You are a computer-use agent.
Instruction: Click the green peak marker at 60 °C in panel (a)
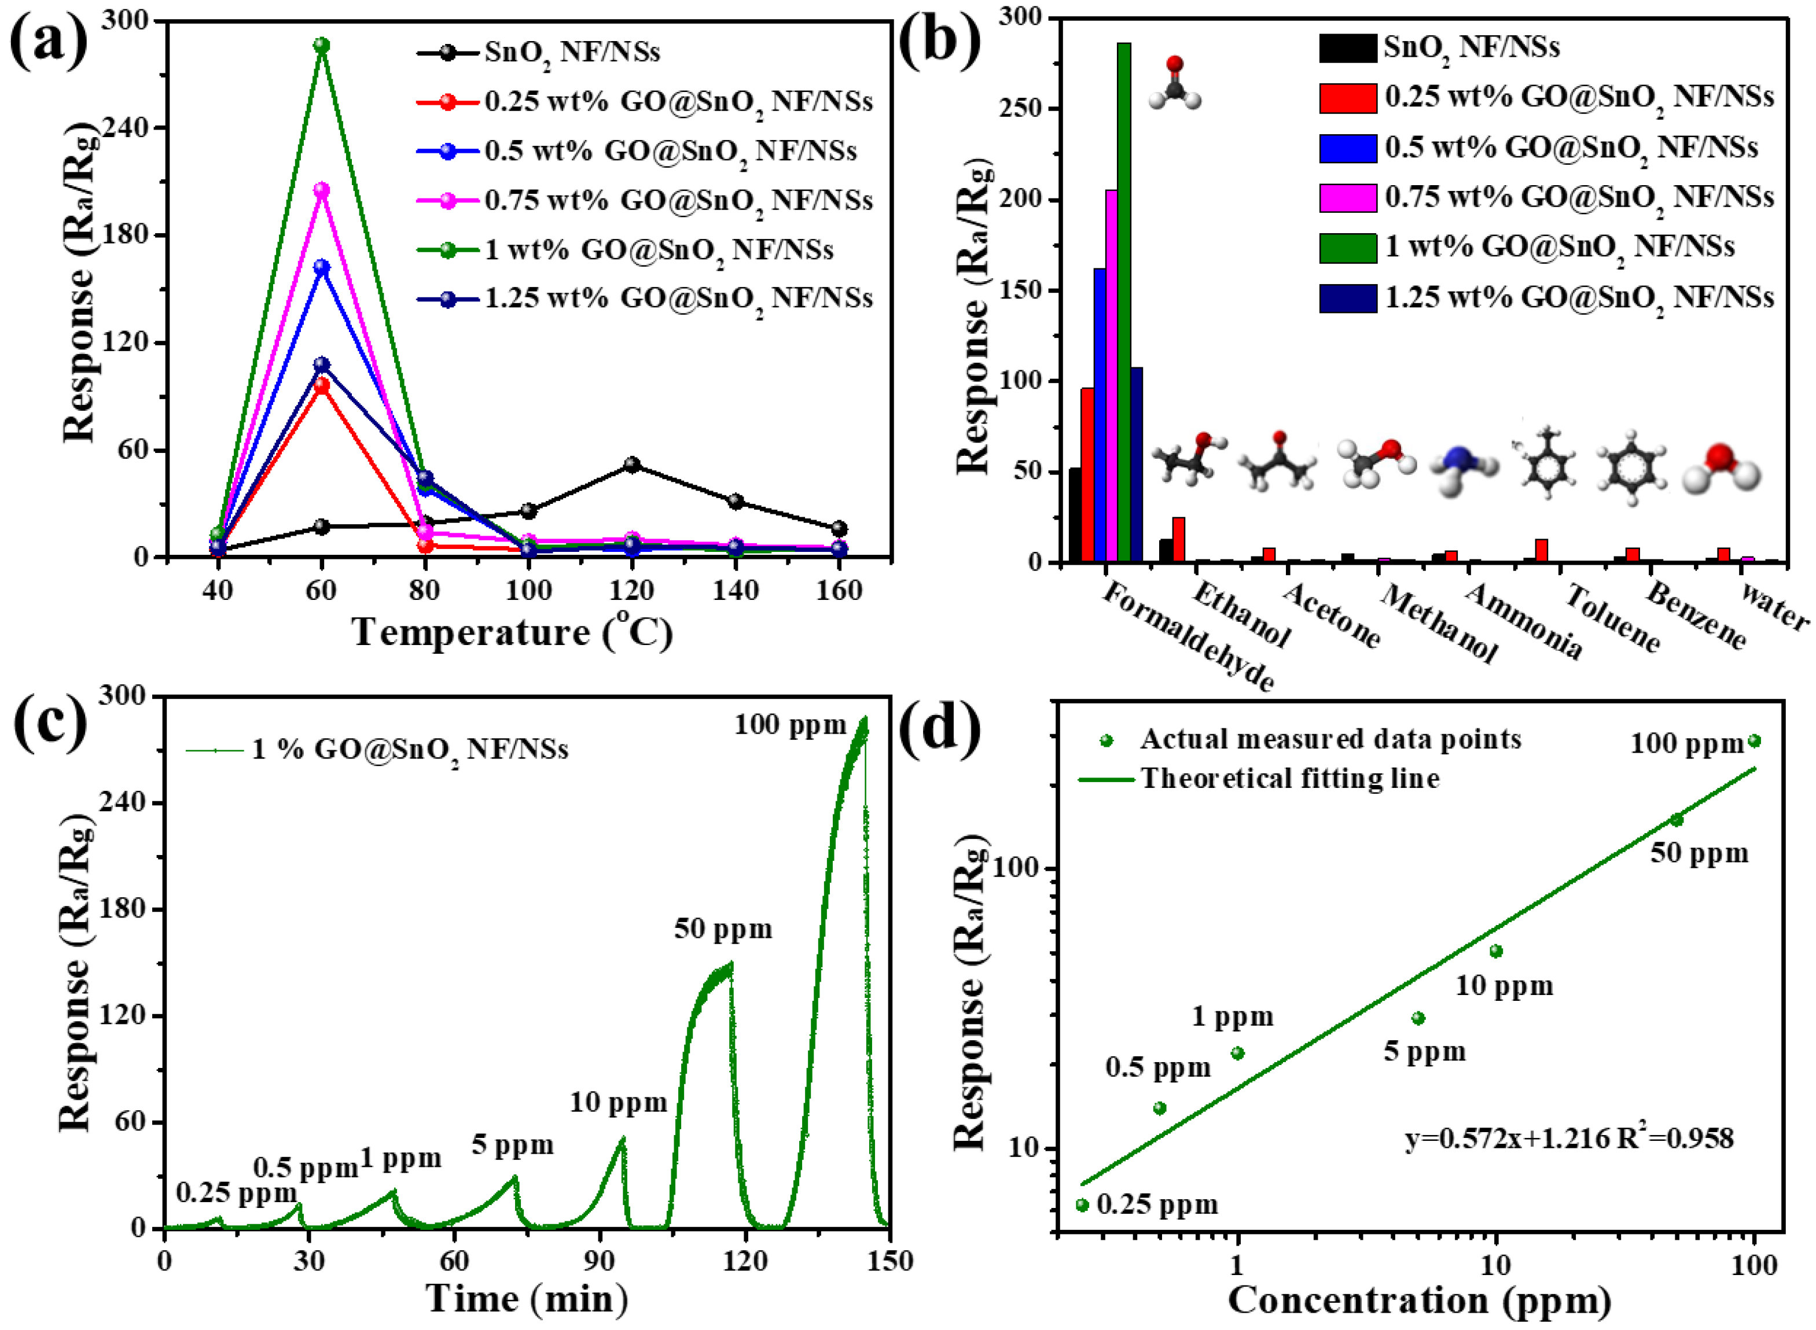coord(321,45)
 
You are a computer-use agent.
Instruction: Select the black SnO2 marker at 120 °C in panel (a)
coord(631,465)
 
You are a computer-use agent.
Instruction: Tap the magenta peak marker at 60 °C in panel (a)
coord(321,190)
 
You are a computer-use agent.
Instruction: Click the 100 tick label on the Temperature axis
coord(528,591)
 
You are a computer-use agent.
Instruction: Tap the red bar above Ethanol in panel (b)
coord(1178,539)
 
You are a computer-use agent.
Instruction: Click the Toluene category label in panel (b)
coord(1611,618)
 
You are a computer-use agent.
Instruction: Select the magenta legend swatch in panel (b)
coord(1347,197)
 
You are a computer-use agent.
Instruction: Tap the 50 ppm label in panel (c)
coord(723,929)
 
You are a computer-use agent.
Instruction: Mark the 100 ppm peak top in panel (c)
coord(864,719)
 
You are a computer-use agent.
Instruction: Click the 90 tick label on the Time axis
coord(599,1262)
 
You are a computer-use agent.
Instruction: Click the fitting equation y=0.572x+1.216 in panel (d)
coord(1569,1139)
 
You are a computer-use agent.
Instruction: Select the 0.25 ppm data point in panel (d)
coord(1082,1205)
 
